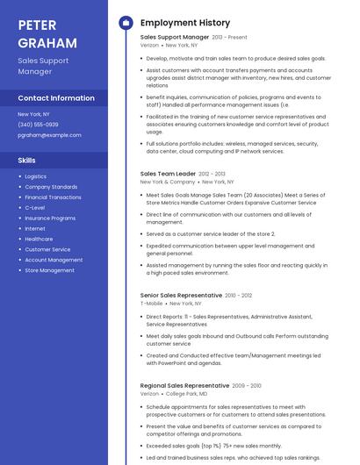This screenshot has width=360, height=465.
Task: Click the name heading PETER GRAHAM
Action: pos(47,32)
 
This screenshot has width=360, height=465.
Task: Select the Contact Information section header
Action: pos(56,98)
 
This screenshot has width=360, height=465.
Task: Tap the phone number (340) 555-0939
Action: pos(38,125)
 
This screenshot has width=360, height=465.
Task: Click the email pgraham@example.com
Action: pos(49,135)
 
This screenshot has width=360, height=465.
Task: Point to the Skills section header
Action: pos(27,161)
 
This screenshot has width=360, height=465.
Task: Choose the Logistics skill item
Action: pos(36,176)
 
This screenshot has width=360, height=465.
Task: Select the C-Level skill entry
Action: pos(35,207)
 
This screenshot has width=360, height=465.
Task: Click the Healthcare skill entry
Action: pos(39,239)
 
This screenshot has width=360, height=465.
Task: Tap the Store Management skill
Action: pos(49,270)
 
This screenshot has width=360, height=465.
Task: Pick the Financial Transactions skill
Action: pos(53,197)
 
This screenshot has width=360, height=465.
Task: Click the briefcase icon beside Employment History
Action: pos(126,23)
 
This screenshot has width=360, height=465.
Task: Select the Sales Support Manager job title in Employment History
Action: pos(175,38)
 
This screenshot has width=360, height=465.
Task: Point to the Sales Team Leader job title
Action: pos(168,174)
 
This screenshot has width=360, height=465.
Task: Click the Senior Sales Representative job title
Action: pos(181,296)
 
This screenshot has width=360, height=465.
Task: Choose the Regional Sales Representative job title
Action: pos(184,386)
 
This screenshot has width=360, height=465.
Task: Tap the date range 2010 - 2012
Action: pos(238,296)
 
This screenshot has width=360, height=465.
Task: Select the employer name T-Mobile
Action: pos(151,304)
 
